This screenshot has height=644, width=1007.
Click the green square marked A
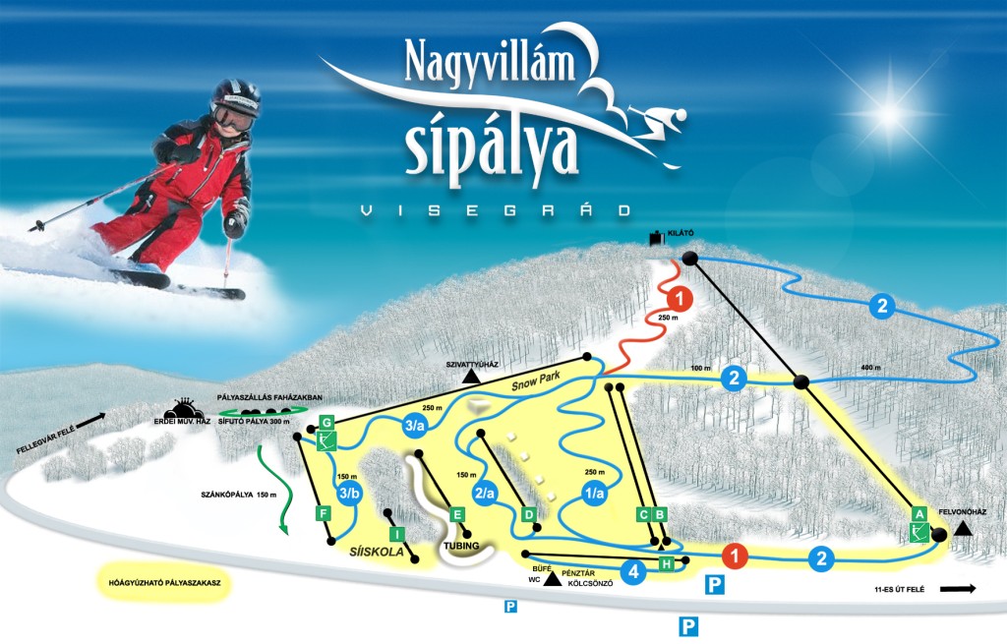(x=919, y=513)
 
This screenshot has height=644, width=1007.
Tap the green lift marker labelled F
(x=321, y=512)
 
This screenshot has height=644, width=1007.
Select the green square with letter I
(x=396, y=534)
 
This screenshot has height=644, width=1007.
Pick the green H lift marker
(x=666, y=563)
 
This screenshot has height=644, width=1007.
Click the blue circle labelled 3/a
(x=415, y=426)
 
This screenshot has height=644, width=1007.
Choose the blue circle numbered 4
(x=634, y=570)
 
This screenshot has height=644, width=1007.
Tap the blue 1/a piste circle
(x=594, y=496)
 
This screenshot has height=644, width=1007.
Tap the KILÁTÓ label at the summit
(x=681, y=233)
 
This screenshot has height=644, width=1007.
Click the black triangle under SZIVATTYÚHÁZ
(x=472, y=377)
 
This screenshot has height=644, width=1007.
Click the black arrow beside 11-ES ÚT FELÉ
(x=957, y=589)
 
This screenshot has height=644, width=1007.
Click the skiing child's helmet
(x=236, y=98)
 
